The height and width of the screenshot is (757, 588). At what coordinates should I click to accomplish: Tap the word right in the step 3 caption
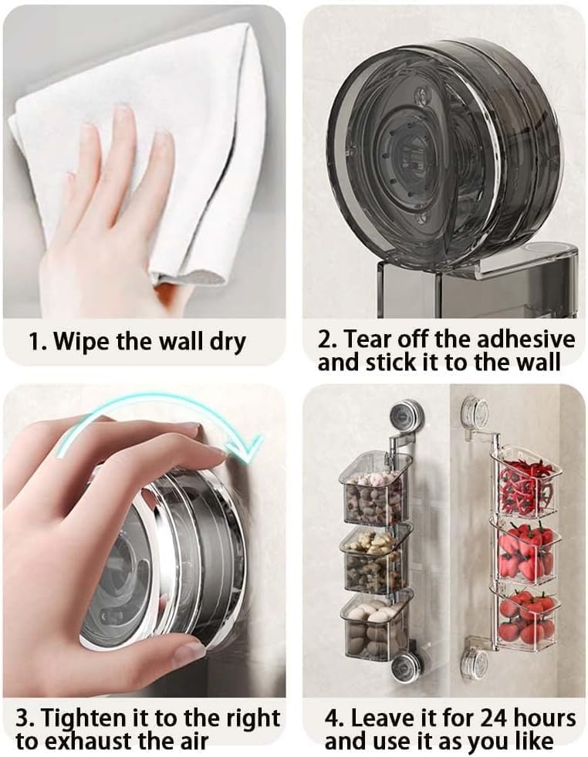coord(240,718)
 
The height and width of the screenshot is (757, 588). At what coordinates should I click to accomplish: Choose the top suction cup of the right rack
coord(474,412)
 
